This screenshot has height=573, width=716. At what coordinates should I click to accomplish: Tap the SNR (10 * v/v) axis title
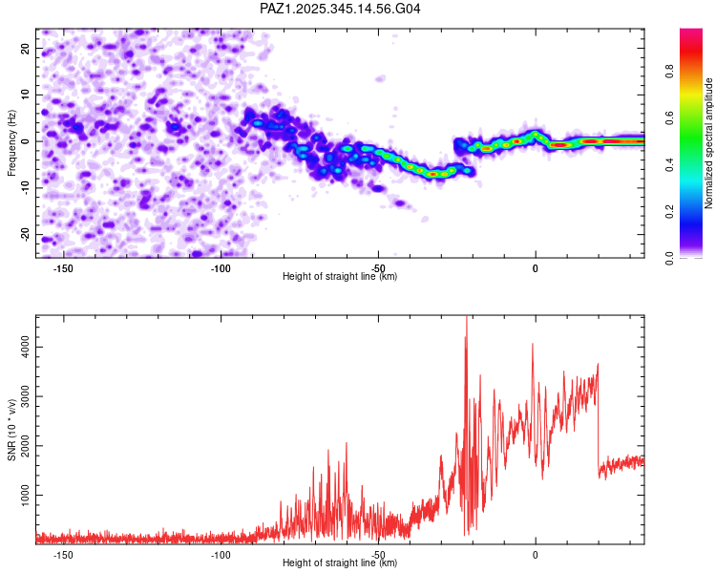pos(12,429)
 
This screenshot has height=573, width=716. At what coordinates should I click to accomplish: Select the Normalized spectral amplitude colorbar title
pos(709,143)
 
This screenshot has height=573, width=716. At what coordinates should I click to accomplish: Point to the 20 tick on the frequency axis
pos(25,47)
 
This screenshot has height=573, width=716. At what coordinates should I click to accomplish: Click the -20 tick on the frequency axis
pos(23,235)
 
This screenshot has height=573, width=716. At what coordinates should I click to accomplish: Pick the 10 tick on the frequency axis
pos(25,94)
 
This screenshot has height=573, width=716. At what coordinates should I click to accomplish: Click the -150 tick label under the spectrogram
pos(64,267)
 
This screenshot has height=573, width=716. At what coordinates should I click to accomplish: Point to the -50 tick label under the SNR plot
pos(378,554)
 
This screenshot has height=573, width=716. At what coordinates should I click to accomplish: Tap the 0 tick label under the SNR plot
pos(536,554)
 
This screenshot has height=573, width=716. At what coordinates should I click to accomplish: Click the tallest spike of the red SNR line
pos(466,319)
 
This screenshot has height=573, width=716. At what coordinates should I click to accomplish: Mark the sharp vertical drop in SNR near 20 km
pos(599,420)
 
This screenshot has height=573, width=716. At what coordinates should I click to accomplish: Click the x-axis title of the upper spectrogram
pos(340,277)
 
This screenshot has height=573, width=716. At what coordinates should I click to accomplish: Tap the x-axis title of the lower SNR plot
pos(340,563)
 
